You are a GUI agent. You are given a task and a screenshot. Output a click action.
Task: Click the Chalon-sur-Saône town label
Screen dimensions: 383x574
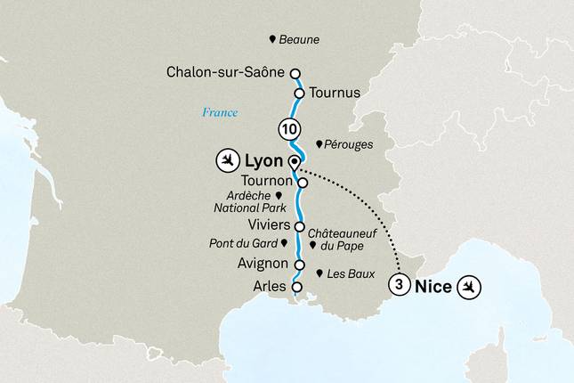[227, 74]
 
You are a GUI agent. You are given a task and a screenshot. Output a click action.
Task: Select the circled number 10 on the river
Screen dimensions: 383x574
[288, 128]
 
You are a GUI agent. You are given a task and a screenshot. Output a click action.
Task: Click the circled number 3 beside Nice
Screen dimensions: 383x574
[400, 286]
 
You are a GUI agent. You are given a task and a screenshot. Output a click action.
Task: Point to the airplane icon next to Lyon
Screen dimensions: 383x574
[229, 161]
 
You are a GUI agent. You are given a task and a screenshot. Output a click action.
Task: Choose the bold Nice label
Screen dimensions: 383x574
[433, 287]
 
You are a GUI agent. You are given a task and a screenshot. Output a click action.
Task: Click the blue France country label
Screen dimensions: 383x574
[219, 112]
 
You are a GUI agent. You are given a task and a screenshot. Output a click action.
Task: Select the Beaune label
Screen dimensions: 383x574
[299, 40]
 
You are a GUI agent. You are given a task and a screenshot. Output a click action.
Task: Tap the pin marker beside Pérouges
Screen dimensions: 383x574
[319, 144]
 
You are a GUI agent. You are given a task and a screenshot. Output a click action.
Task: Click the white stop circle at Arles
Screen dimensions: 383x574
[297, 287]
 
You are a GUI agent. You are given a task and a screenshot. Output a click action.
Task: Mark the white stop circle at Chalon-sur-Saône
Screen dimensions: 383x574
[295, 75]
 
